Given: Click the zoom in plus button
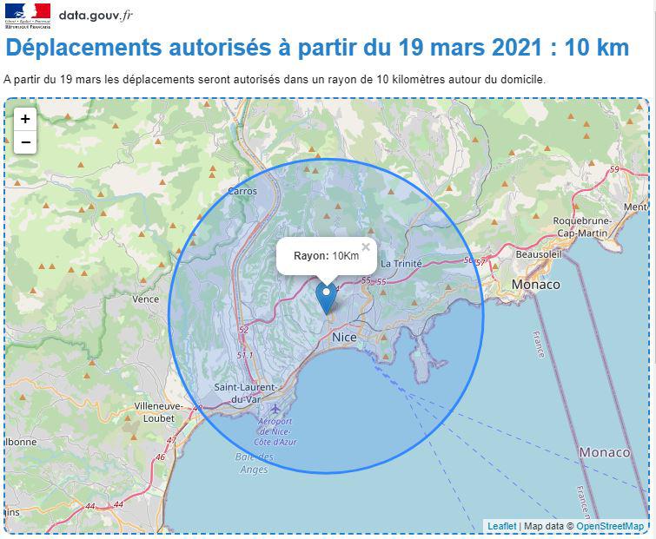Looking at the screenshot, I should [x=25, y=119].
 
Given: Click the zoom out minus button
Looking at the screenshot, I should [x=25, y=142].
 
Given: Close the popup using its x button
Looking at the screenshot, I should [x=366, y=247].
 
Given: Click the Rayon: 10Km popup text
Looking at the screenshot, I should [x=326, y=256].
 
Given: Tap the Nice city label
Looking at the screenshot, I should [x=345, y=337].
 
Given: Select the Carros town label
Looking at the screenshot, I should [x=242, y=192].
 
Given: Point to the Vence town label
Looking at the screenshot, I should [x=145, y=299].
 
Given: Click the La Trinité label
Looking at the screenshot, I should [x=401, y=264].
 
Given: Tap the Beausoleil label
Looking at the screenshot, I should [x=540, y=255].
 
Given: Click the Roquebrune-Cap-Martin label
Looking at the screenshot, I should [x=583, y=227].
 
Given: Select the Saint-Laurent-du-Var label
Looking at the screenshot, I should [x=245, y=393].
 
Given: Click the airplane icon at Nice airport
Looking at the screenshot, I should [x=276, y=408].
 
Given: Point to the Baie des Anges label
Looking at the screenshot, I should [x=254, y=463].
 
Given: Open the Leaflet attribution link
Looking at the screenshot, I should [x=501, y=526].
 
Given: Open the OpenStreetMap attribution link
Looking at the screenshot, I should [x=610, y=526].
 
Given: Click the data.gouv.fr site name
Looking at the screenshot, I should [x=96, y=16].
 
